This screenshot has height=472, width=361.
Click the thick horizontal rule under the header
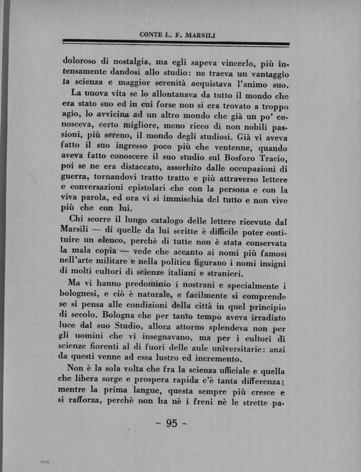[176, 43]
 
